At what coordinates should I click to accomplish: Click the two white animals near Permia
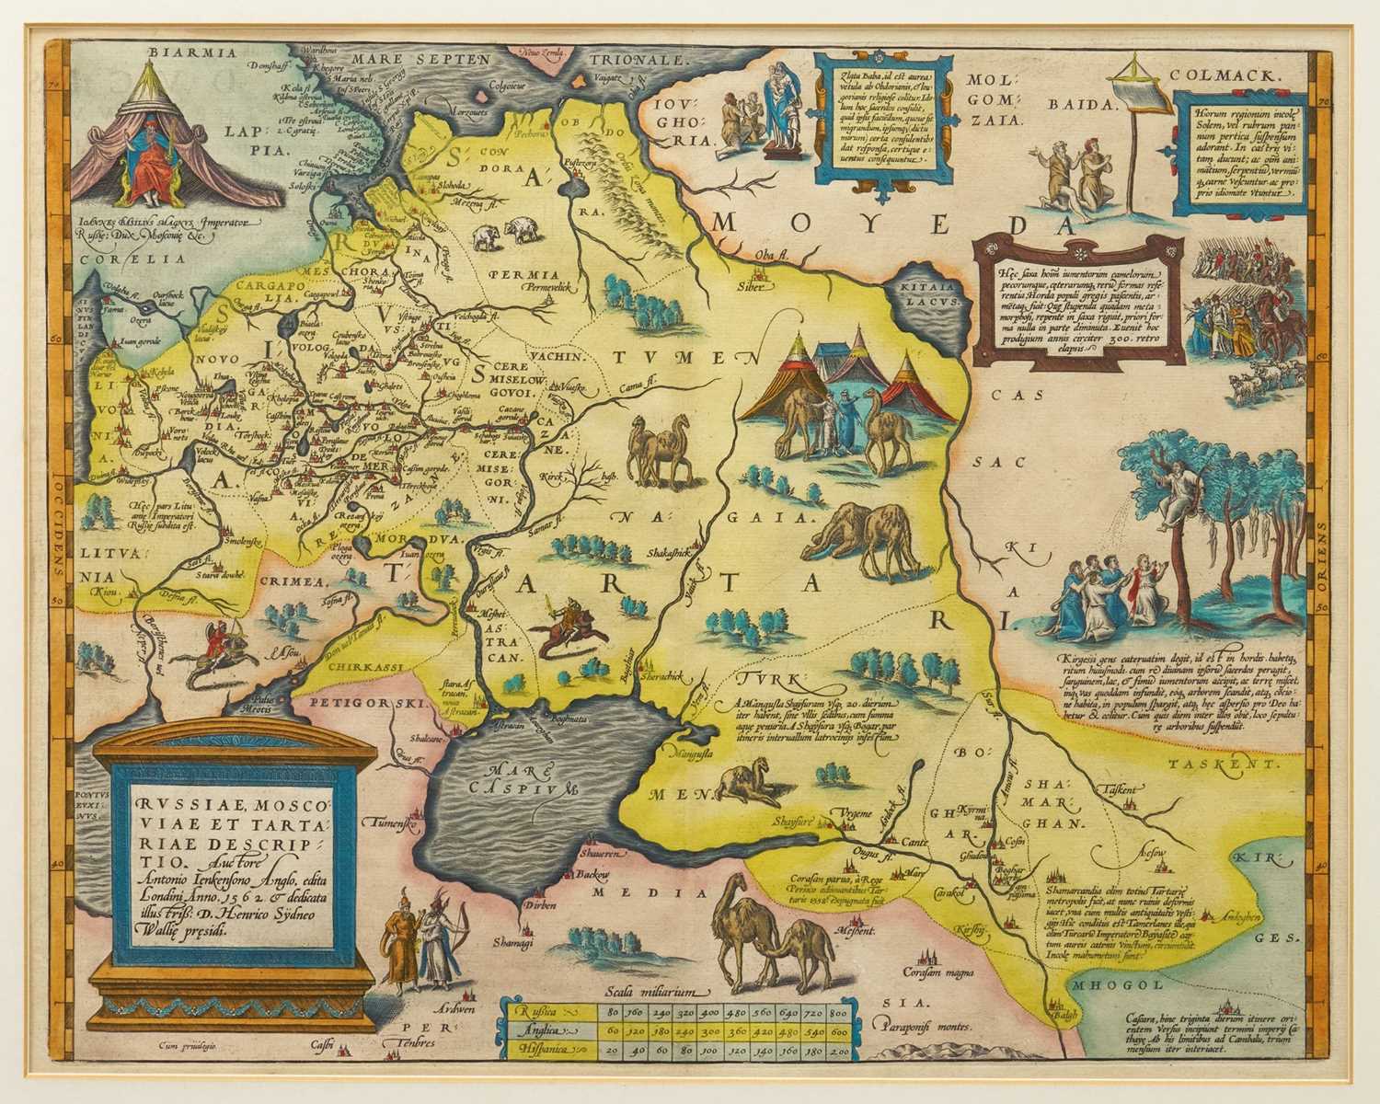502,234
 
